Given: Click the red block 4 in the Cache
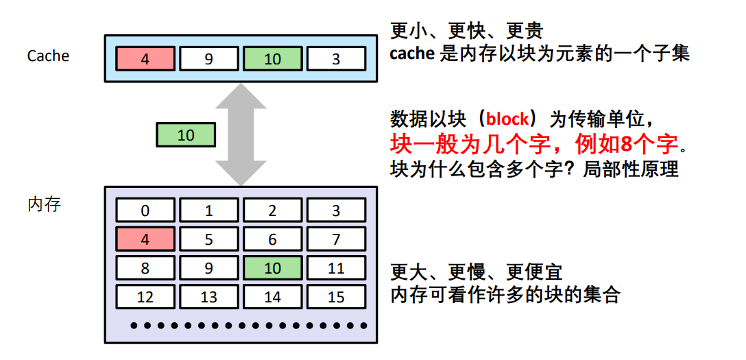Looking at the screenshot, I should point(145,59).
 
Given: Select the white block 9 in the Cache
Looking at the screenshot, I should point(208,59).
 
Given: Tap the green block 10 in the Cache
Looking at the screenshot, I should point(272,59).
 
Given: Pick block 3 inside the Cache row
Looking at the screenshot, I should point(336,59).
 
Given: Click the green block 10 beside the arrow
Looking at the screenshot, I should point(186,135).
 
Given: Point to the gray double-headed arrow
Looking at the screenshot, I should point(241,135).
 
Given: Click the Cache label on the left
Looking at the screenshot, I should point(48,56).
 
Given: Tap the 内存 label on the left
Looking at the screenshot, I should point(45,204).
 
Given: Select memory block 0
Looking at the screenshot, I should point(145,211).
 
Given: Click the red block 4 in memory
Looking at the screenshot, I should point(145,239).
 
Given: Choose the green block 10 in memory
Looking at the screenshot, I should point(272,268).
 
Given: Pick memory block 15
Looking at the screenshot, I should point(336,298).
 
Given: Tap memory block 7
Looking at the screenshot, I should point(336,239).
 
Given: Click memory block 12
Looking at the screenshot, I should point(145,298).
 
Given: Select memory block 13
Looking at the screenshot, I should point(208,298).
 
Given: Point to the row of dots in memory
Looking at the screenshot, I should point(240,325).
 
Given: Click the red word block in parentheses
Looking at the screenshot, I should point(507,119).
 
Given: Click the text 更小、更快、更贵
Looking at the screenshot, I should point(466,31).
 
